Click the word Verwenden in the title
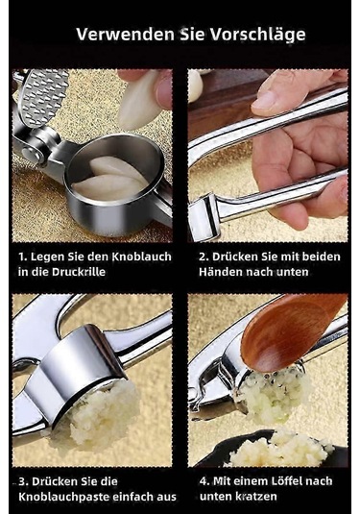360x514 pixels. [125, 34]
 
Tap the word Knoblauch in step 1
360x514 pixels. [142, 257]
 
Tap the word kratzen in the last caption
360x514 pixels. [257, 497]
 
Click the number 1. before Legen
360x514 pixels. [23, 257]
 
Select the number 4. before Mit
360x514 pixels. [204, 481]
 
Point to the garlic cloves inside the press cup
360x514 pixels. [109, 179]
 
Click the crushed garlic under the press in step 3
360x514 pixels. [94, 414]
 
